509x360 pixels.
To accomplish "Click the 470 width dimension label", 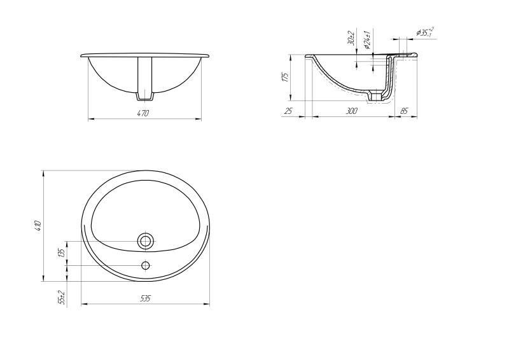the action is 143,113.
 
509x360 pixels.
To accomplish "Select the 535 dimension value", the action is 146,298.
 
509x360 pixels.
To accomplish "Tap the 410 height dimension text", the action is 38,226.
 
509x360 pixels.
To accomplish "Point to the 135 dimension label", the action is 63,253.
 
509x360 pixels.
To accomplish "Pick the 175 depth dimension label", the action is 285,77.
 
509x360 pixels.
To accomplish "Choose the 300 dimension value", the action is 352,111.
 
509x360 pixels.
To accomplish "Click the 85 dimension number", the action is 403,111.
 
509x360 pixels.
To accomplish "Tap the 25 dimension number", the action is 288,111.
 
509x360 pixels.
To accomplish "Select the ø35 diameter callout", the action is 425,32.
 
